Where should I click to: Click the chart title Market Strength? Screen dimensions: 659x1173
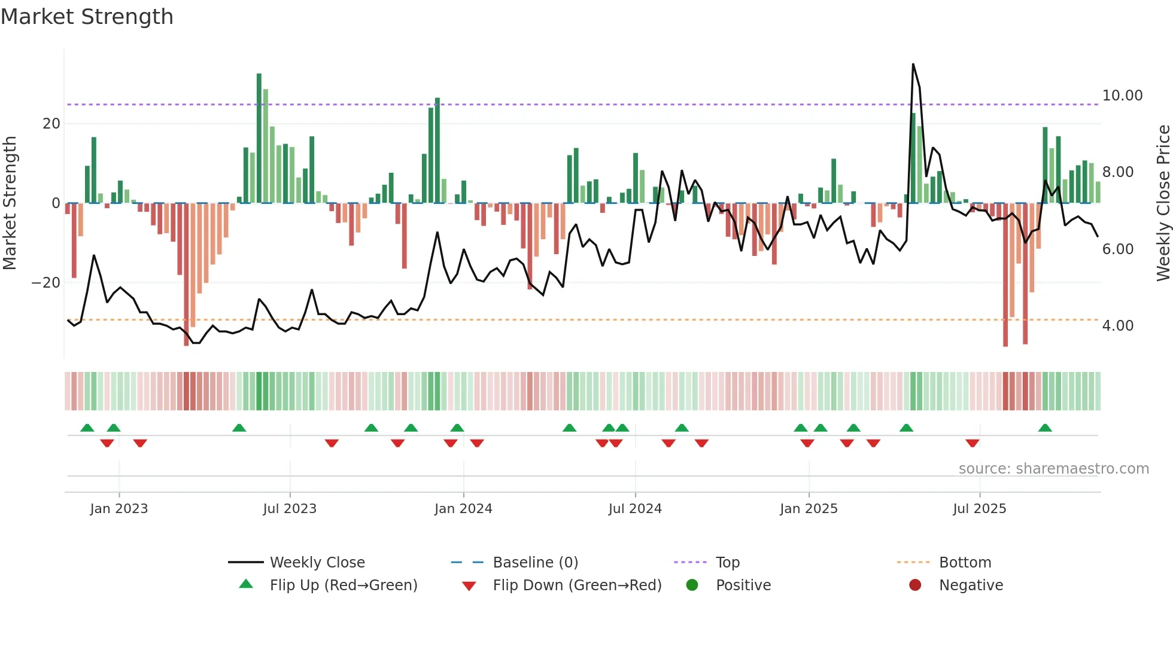(87, 17)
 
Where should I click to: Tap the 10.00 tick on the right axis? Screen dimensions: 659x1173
(1122, 96)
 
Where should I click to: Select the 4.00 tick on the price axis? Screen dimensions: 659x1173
(1117, 326)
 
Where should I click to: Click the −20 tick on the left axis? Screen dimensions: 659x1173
(46, 283)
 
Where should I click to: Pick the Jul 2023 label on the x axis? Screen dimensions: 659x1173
(290, 509)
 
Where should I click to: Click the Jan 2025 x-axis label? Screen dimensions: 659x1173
(809, 509)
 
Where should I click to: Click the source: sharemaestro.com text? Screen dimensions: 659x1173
(1053, 469)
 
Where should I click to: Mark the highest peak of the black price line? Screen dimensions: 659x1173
(913, 64)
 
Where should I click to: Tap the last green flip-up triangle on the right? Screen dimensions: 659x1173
(1045, 428)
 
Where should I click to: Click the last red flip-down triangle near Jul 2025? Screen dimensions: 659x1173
(973, 443)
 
